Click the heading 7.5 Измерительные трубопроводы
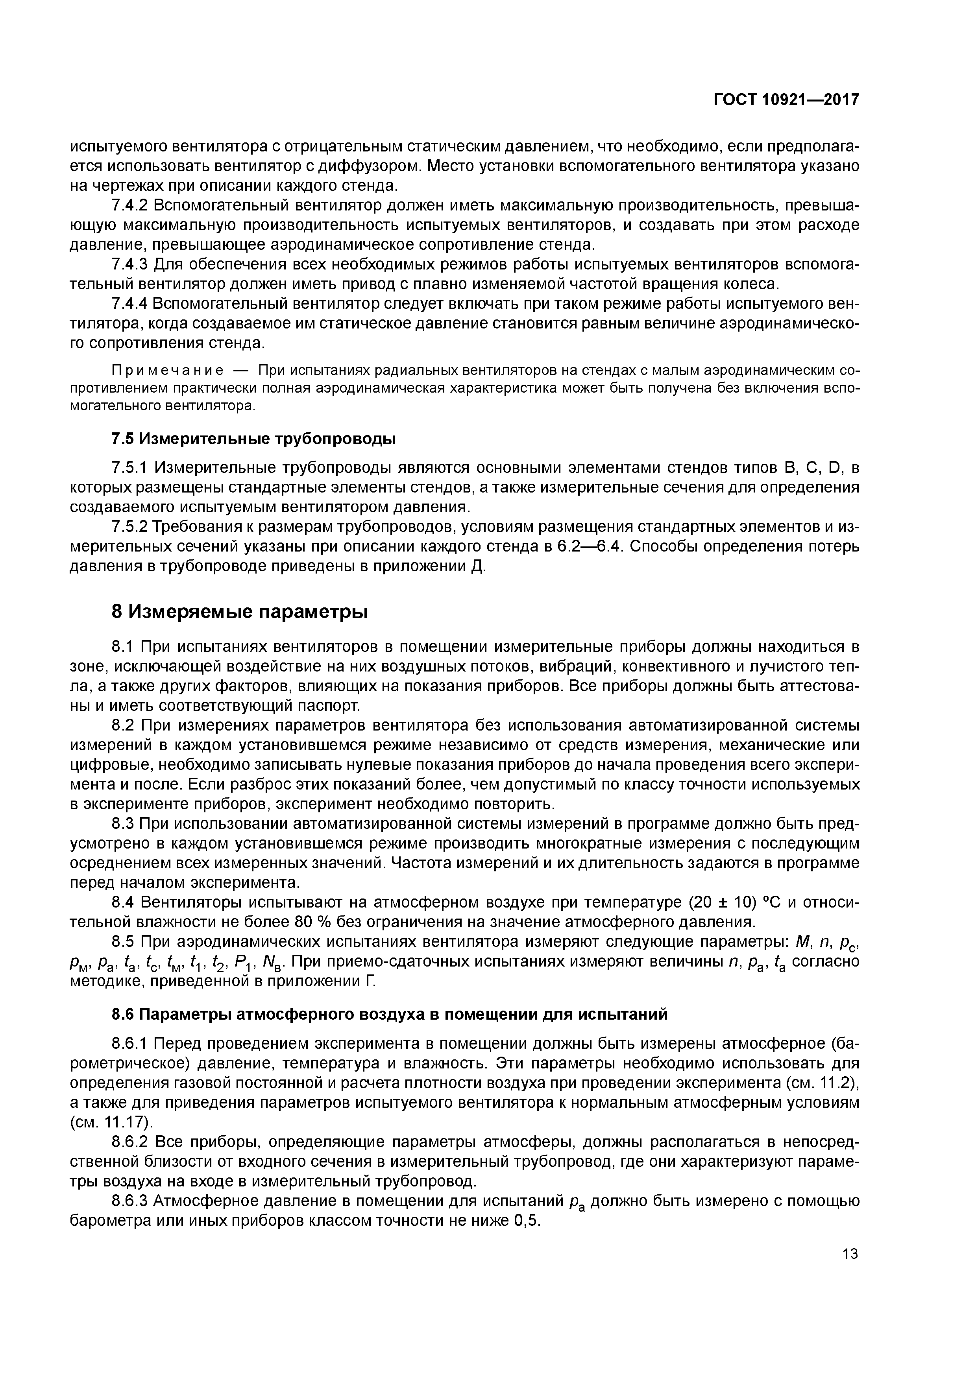[x=254, y=439]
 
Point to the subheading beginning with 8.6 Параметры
[x=390, y=1015]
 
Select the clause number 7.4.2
[x=129, y=206]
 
